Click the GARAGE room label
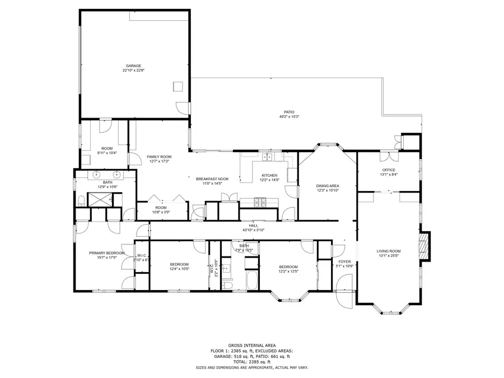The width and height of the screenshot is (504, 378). pyautogui.click(x=132, y=66)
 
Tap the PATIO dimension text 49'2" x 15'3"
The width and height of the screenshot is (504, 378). pyautogui.click(x=290, y=116)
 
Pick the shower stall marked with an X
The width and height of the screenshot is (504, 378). pyautogui.click(x=101, y=198)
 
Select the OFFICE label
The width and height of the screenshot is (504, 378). pyautogui.click(x=389, y=170)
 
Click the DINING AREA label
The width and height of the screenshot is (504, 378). pyautogui.click(x=328, y=186)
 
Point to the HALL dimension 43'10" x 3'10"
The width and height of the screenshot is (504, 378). pyautogui.click(x=254, y=230)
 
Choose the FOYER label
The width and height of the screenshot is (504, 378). pyautogui.click(x=344, y=262)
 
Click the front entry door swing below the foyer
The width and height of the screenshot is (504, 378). pyautogui.click(x=346, y=301)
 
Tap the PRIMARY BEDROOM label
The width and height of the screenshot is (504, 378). pyautogui.click(x=106, y=253)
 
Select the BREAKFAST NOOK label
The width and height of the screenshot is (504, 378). pyautogui.click(x=212, y=179)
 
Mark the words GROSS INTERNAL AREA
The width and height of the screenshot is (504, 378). pyautogui.click(x=251, y=346)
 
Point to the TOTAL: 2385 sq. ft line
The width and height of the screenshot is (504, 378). pyautogui.click(x=251, y=362)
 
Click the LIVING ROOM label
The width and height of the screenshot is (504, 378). pyautogui.click(x=389, y=251)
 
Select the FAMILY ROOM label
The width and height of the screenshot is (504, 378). pyautogui.click(x=159, y=157)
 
